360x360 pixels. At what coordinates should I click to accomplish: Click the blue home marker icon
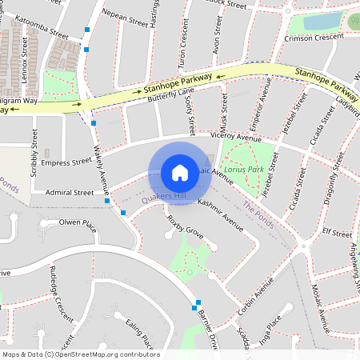pos(180,173)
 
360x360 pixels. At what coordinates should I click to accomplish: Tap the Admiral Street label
pos(70,193)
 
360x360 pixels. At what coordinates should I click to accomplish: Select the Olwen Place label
pos(78,223)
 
